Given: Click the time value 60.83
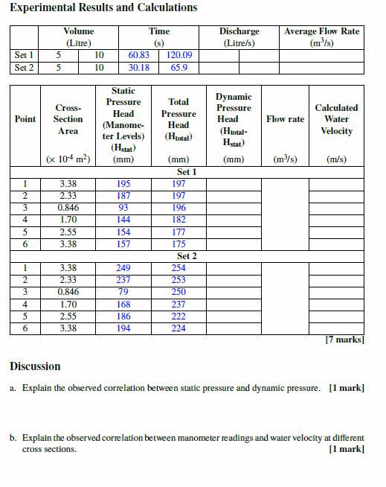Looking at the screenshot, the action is click(x=139, y=55).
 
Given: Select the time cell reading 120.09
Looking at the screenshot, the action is click(x=179, y=55).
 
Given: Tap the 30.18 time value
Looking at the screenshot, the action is click(x=139, y=68).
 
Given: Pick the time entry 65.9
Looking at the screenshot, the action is click(x=179, y=68).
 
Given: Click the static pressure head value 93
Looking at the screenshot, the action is click(x=123, y=208).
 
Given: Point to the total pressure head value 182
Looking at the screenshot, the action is click(x=178, y=220).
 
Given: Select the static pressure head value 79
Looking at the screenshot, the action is click(x=123, y=292).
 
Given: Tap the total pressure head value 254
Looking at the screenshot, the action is click(x=178, y=268).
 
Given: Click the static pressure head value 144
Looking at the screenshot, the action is click(x=123, y=220).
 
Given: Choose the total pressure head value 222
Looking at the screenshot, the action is click(x=178, y=316).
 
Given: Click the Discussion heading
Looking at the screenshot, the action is click(x=35, y=366).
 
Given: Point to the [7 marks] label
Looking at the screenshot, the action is click(x=344, y=340).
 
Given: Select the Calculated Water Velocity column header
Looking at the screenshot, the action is click(x=336, y=119).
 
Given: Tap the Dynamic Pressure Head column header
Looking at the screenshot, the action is click(x=234, y=119).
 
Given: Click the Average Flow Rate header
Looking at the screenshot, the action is click(x=321, y=36).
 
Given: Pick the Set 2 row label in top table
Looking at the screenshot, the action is click(x=24, y=68).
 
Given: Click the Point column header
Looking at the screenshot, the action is click(x=25, y=119).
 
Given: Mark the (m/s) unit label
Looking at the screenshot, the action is click(x=336, y=159).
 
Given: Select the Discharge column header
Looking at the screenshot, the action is click(x=239, y=36).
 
